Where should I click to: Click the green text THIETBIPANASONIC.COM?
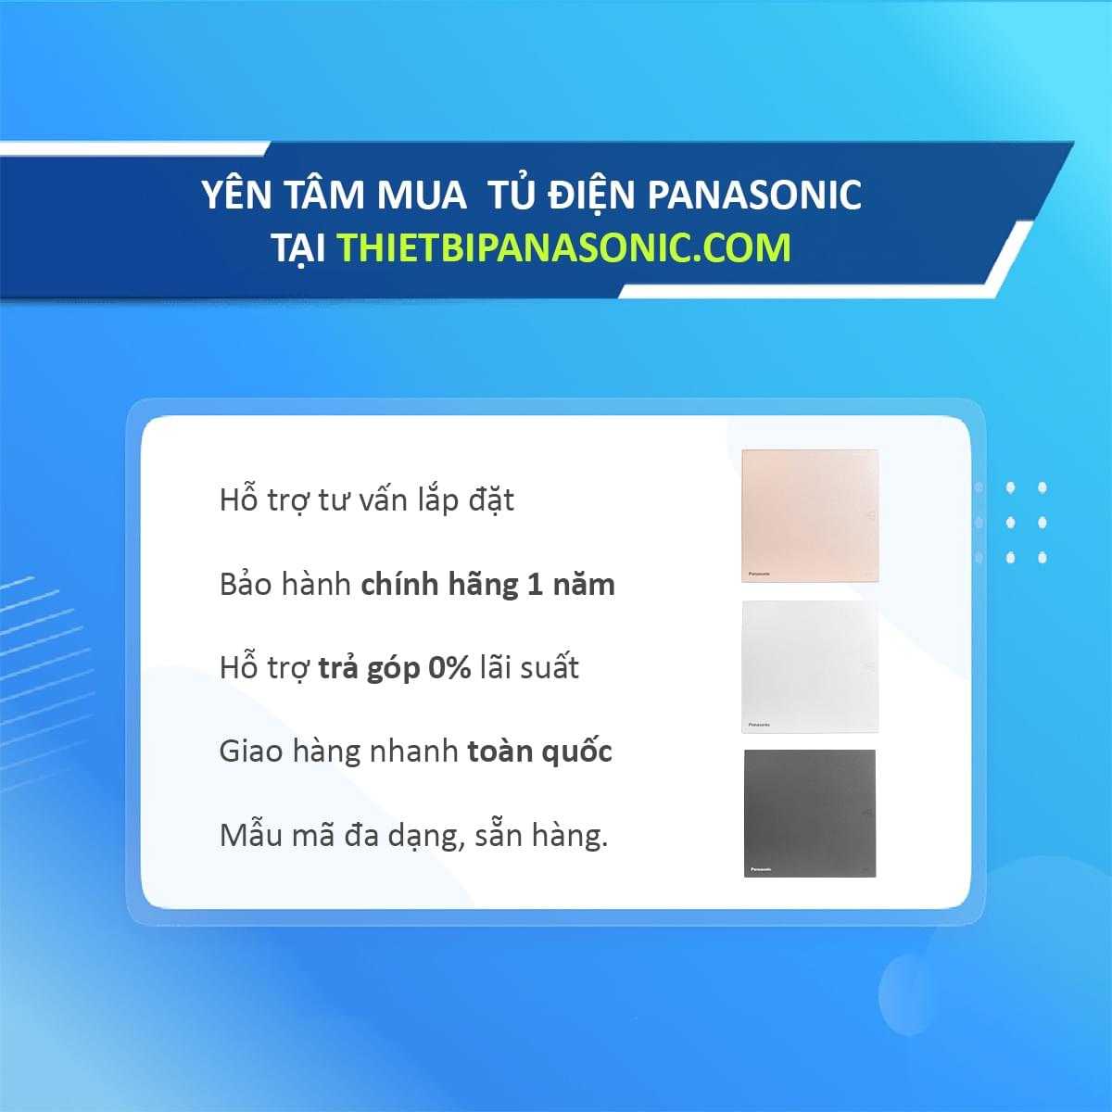tap(563, 247)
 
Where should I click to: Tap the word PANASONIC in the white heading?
tap(753, 196)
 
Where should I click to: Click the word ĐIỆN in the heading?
tap(591, 194)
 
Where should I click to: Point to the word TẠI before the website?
tap(298, 248)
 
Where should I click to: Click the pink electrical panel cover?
tap(810, 515)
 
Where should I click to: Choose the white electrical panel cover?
tap(810, 666)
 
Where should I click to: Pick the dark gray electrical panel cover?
tap(810, 813)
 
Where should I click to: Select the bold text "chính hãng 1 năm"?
tap(487, 585)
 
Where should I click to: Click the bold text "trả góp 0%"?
tap(395, 668)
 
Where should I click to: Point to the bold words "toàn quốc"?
tap(539, 752)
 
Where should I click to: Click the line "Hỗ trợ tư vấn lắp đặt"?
tap(367, 500)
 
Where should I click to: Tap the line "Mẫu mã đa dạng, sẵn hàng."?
tap(413, 836)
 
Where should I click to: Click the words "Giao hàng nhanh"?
tap(338, 752)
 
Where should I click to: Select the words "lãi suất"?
tap(529, 668)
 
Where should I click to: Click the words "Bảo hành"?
tap(285, 585)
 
